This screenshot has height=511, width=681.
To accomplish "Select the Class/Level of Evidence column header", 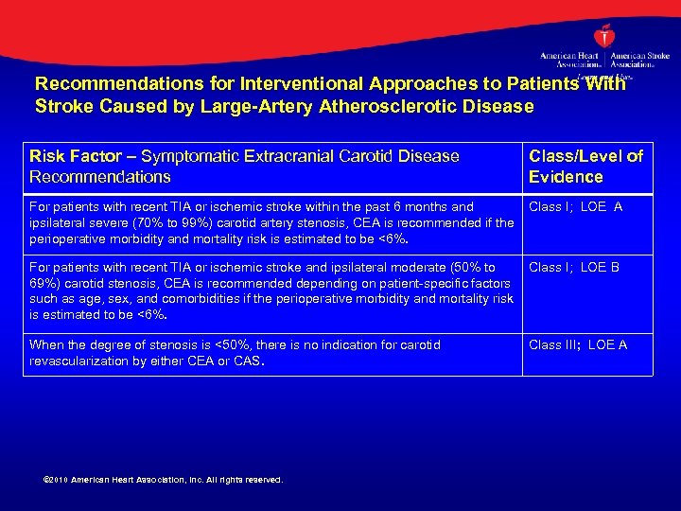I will tap(585, 167).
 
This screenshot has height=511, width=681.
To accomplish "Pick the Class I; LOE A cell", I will tap(576, 207).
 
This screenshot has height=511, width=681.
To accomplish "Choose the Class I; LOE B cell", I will tap(575, 268).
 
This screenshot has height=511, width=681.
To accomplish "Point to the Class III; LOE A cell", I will tap(578, 345).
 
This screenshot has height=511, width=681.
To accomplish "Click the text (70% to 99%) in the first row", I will tap(147, 222).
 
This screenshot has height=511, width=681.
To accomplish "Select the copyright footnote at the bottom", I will tap(164, 480).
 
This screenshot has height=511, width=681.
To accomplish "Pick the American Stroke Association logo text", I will tap(640, 59).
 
